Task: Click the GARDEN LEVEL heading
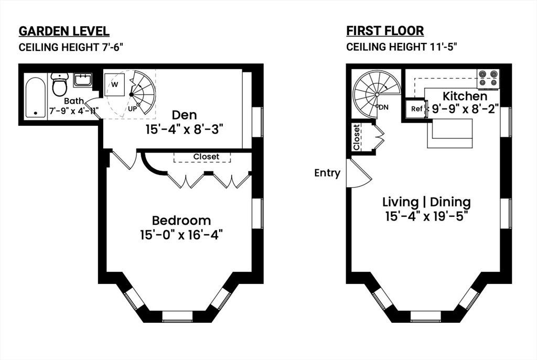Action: pos(64,31)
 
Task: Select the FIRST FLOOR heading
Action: pos(385,30)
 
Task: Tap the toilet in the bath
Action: pos(59,84)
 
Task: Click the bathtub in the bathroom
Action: pos(36,97)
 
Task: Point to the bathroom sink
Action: pos(82,80)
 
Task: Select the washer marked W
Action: pos(114,84)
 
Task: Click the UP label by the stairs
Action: pos(133,109)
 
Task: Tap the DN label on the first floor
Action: pos(383,107)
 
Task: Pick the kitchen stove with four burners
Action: pos(488,79)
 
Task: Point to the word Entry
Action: pos(327,173)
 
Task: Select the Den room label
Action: pos(184,115)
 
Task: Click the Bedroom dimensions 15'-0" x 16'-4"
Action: pos(181,235)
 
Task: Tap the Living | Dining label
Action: pos(426,202)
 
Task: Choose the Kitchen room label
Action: pos(465,96)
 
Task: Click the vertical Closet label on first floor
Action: pos(356,137)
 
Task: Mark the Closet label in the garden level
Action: pos(206,156)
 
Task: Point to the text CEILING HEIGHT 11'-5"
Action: pos(402,47)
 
